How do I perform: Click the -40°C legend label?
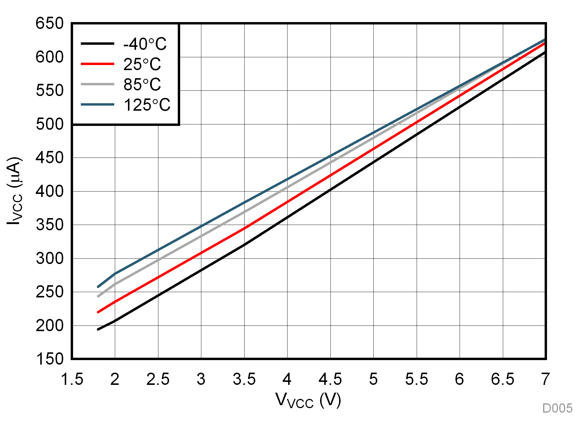click(145, 44)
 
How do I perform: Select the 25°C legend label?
click(142, 64)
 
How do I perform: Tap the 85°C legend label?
click(142, 84)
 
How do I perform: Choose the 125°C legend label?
click(147, 105)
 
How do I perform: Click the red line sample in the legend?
click(98, 64)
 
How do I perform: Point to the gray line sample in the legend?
click(98, 84)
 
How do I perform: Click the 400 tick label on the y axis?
click(50, 191)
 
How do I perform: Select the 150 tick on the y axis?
click(50, 359)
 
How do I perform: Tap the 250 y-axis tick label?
click(50, 292)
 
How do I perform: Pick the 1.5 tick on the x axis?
click(72, 379)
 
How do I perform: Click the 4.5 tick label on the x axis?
click(330, 379)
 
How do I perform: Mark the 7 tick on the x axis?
click(545, 379)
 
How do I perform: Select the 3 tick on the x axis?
click(201, 379)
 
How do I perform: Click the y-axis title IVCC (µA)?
click(14, 191)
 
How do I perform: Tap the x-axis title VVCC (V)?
click(308, 400)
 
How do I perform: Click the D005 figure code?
click(557, 408)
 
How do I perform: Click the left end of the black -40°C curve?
click(98, 329)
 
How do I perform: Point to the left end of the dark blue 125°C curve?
click(98, 287)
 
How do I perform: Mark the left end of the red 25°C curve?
click(98, 312)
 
